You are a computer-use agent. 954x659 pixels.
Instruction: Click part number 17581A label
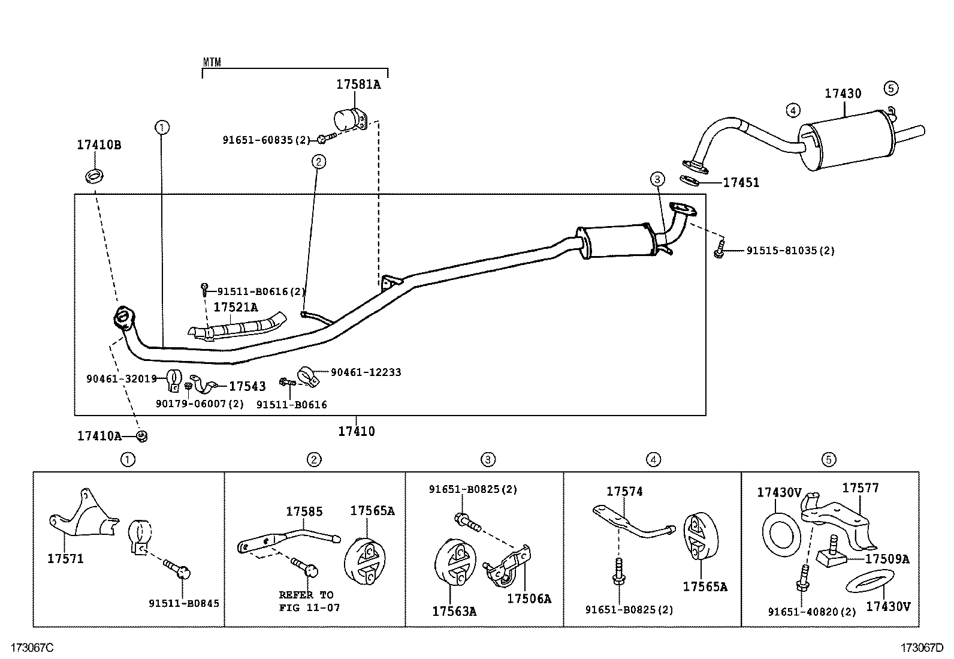[358, 85]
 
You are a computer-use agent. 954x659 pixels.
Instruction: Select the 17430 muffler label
[843, 94]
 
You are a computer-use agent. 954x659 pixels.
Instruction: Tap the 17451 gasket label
[741, 183]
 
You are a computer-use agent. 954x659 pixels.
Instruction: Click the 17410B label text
[99, 145]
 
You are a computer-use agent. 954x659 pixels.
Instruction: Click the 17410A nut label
[99, 436]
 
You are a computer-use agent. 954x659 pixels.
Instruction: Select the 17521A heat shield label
[236, 307]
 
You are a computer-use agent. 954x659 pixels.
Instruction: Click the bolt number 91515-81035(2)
[790, 251]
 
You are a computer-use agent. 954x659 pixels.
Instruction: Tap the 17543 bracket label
[247, 387]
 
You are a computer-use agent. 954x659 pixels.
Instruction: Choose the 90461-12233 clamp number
[366, 372]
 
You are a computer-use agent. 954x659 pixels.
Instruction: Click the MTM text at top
[212, 62]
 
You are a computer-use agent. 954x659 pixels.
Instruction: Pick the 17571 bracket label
[65, 559]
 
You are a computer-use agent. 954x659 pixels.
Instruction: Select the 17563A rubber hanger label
[454, 611]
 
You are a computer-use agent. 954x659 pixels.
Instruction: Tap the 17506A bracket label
[529, 598]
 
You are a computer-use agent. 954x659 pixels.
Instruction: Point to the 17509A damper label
[887, 559]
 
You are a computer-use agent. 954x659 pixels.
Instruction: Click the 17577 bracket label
[861, 488]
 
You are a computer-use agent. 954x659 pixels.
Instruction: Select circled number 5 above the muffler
[890, 88]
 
